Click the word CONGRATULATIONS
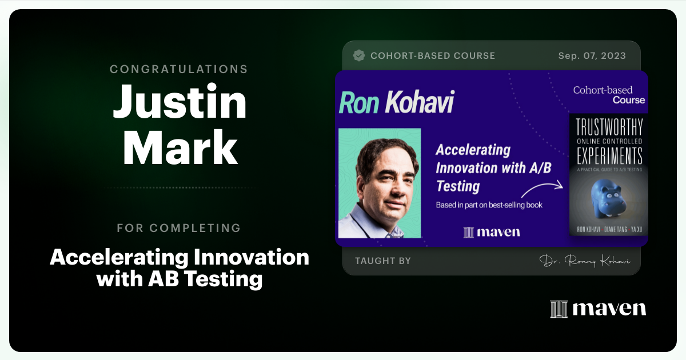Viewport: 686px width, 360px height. (x=179, y=69)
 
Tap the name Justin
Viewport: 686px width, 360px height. (x=180, y=103)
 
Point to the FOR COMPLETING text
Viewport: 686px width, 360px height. (x=179, y=228)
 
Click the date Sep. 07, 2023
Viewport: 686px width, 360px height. (x=592, y=56)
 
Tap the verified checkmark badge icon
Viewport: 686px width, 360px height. (x=359, y=55)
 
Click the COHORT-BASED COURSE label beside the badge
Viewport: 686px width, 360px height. (x=433, y=56)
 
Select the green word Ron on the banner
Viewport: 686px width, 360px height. (x=359, y=102)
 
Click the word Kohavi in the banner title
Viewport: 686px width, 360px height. (x=419, y=102)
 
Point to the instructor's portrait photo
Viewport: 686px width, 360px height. (x=380, y=183)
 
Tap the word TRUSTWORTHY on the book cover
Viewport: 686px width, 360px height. (x=608, y=127)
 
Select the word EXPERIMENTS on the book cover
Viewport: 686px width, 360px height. (x=608, y=155)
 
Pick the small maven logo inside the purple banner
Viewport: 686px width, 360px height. (x=492, y=232)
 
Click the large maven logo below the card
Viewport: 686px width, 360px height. (x=598, y=309)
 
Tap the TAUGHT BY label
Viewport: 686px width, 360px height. (x=382, y=261)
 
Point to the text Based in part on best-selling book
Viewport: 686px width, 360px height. (x=489, y=205)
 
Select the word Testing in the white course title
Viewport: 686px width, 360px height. (x=458, y=186)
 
